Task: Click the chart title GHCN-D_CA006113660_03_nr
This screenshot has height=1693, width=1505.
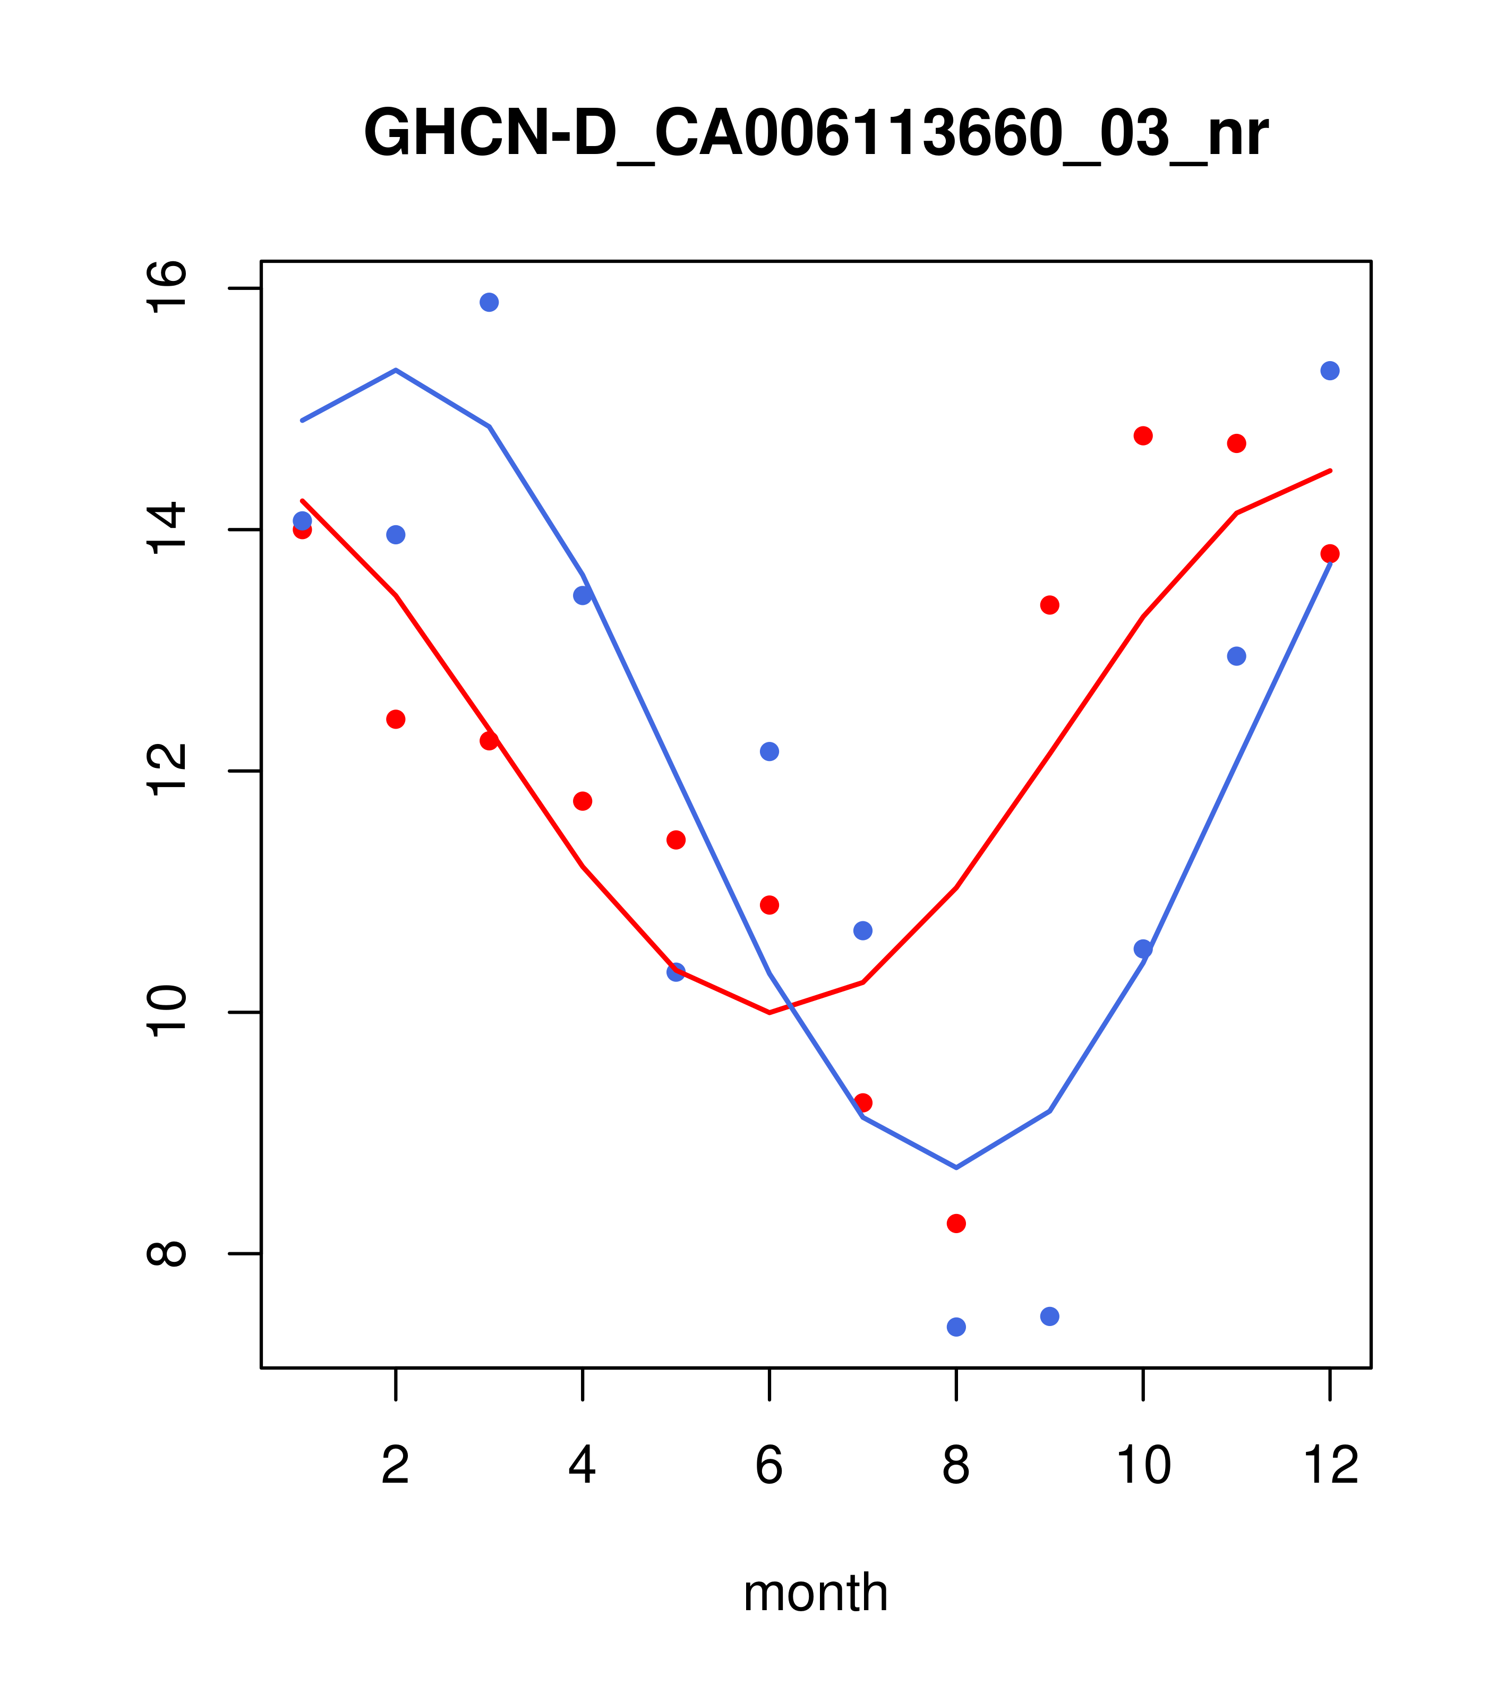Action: tap(816, 134)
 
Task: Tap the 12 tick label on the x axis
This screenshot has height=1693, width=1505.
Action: tap(1330, 1467)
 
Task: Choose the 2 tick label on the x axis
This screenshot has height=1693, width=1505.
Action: tap(396, 1467)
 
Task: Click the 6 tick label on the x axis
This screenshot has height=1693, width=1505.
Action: tap(769, 1467)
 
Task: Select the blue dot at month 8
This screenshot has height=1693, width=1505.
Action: tap(956, 1327)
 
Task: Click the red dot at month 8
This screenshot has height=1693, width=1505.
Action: tap(956, 1224)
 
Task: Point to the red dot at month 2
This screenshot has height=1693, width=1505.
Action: tap(396, 719)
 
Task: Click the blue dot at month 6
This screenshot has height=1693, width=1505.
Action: tap(769, 751)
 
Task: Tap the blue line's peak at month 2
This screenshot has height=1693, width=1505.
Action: tap(396, 370)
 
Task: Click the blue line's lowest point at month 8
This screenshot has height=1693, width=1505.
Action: tap(956, 1168)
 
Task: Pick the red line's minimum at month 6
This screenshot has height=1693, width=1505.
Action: tap(769, 1013)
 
